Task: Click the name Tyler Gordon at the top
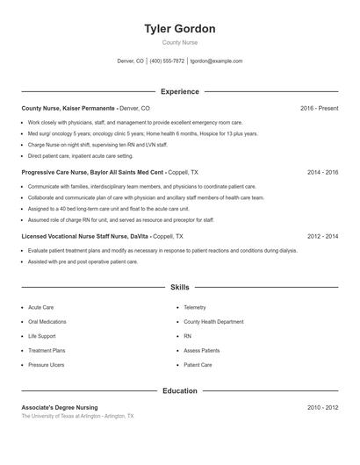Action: (179, 29)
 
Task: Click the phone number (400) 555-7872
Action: (167, 61)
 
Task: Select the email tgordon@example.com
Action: (216, 61)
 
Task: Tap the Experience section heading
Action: (179, 91)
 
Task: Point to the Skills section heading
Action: (179, 287)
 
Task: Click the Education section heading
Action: (179, 390)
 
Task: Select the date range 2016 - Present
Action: (319, 108)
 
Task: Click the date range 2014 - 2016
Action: (322, 173)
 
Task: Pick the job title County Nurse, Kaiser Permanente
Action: (68, 108)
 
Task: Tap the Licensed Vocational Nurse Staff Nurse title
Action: (84, 237)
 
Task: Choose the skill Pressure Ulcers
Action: (46, 364)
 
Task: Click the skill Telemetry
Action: (195, 308)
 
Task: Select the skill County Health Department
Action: (213, 322)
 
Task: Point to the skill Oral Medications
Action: (47, 322)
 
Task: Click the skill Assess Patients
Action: (202, 350)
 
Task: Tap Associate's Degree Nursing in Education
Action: (60, 407)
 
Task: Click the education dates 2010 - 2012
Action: (322, 407)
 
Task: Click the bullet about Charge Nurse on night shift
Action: (98, 145)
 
